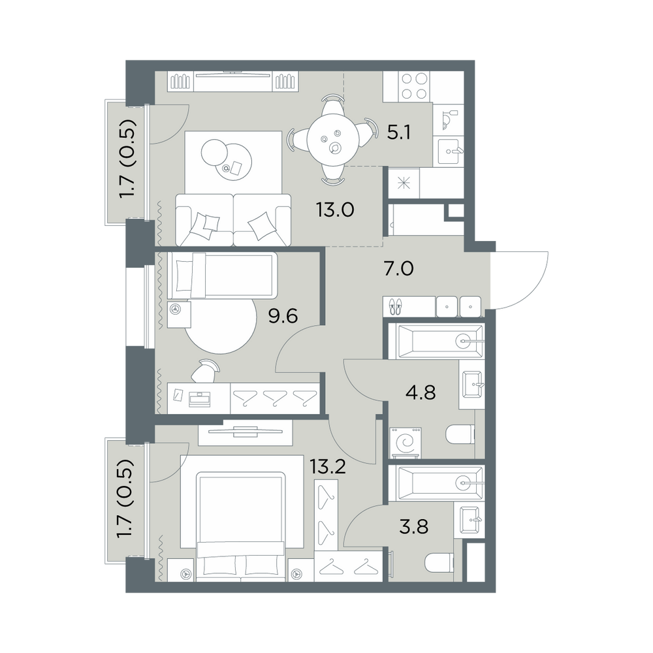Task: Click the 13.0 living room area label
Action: tap(335, 210)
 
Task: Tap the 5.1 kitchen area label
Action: tap(399, 133)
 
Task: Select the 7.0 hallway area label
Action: tap(398, 269)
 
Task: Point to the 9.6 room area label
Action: tap(283, 317)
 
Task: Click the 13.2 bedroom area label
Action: tap(328, 468)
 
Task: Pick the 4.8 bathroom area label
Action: tap(421, 392)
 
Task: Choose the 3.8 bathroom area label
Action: tap(413, 527)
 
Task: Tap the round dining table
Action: tap(332, 140)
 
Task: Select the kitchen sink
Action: tap(448, 152)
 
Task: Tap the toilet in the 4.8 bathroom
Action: tap(460, 434)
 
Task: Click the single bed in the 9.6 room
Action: tap(222, 276)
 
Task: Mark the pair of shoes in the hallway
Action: tap(395, 306)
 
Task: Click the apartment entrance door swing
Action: tap(520, 280)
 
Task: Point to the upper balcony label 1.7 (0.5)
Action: tap(128, 159)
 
